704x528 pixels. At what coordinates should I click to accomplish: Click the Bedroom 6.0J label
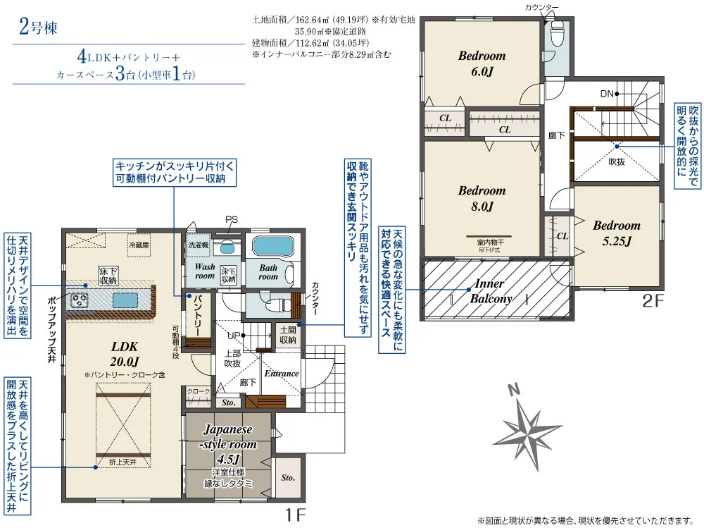(x=482, y=63)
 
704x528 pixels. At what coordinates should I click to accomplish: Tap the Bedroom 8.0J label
(x=482, y=198)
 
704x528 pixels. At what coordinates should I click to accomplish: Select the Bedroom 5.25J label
(x=616, y=233)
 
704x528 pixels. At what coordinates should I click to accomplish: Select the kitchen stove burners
(x=80, y=301)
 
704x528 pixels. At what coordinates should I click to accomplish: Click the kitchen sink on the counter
(x=124, y=300)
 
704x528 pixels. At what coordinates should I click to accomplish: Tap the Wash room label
(x=205, y=271)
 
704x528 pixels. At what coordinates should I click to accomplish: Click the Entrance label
(x=282, y=373)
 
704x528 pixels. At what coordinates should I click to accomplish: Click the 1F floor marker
(x=295, y=515)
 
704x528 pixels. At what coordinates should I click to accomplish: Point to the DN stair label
(x=607, y=93)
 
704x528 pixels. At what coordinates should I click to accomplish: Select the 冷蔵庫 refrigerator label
(x=139, y=245)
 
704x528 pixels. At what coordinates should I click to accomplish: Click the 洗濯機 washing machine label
(x=197, y=245)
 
